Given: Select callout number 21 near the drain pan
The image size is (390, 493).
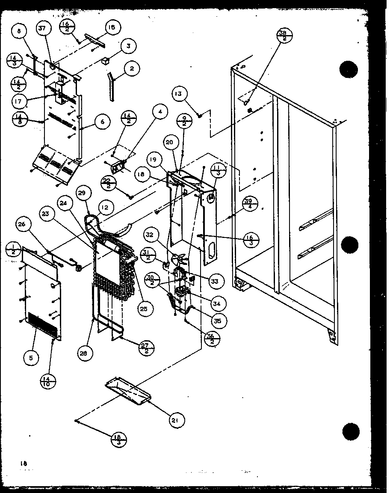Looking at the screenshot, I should coord(175,421).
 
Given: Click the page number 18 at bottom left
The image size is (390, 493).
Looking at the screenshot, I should coord(22,463).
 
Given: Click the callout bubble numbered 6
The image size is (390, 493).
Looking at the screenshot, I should coord(103,122).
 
